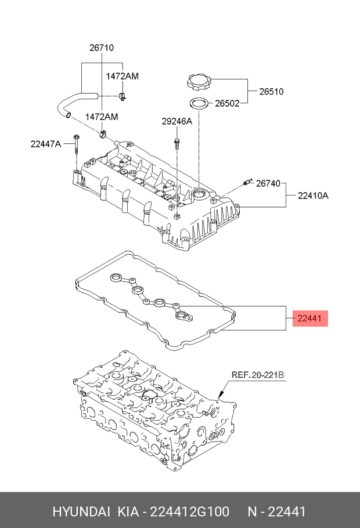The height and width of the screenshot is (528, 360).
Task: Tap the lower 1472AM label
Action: (x=102, y=117)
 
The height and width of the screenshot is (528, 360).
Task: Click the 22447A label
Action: (x=46, y=144)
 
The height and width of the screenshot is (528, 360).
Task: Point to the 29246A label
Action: (x=177, y=121)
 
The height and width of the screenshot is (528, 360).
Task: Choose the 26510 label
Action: (x=271, y=91)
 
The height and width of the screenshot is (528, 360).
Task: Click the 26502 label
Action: (x=228, y=104)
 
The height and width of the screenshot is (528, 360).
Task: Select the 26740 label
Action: (x=268, y=183)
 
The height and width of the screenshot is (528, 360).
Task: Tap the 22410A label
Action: (x=313, y=196)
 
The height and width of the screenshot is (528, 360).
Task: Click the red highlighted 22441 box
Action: (x=311, y=318)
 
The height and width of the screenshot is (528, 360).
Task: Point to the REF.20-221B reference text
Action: (x=258, y=375)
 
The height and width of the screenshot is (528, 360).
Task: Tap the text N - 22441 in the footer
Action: (x=278, y=512)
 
